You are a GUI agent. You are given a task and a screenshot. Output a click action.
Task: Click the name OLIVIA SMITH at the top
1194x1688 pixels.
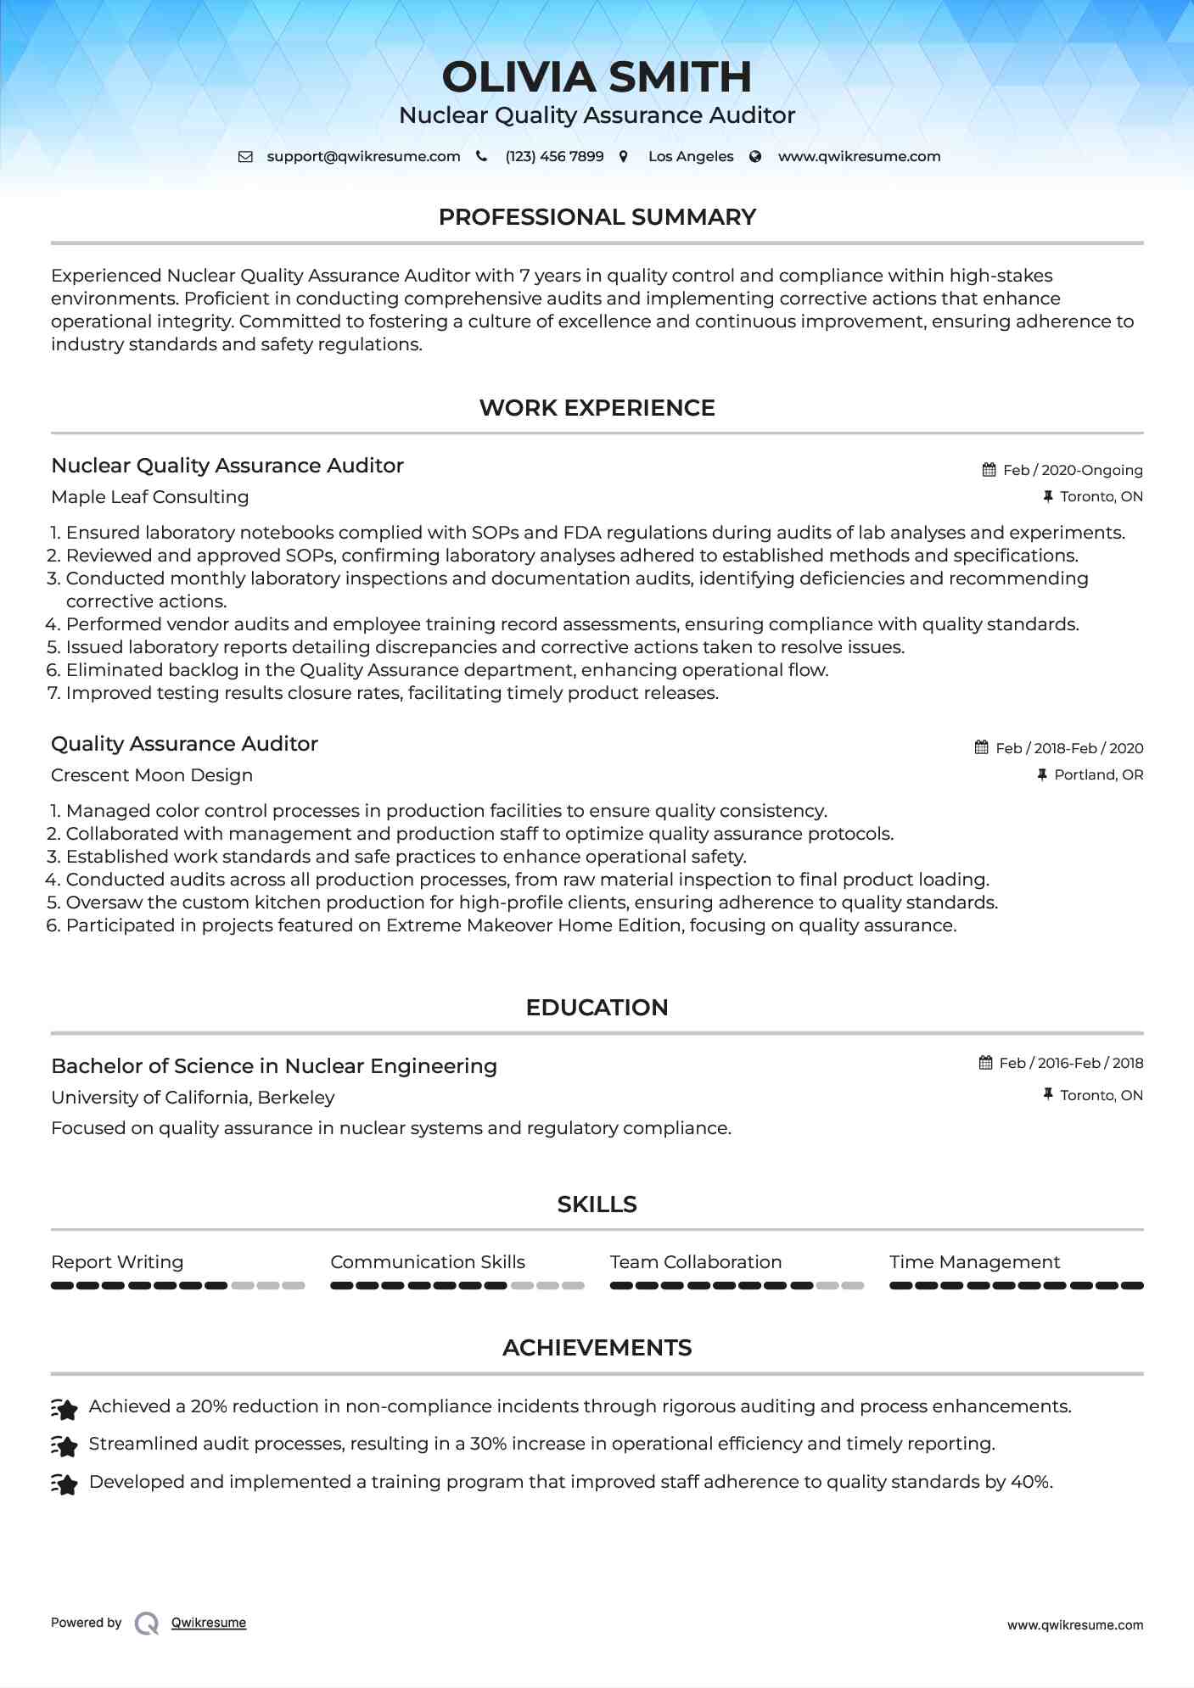click(x=597, y=77)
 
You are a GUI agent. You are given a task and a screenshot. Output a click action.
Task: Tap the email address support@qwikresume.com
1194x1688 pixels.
click(x=363, y=156)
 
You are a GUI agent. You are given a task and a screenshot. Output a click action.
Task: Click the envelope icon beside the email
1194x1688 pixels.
click(x=245, y=156)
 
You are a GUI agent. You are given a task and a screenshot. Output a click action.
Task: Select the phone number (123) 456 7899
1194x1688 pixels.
click(x=554, y=156)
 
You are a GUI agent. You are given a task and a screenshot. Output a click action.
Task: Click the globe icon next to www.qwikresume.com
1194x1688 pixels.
click(x=755, y=156)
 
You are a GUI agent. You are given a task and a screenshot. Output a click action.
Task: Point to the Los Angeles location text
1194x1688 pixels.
click(x=691, y=156)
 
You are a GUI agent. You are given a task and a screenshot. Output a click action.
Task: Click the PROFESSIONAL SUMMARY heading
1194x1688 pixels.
click(x=597, y=217)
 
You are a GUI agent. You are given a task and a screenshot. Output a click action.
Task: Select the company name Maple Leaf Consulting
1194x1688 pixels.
click(x=149, y=497)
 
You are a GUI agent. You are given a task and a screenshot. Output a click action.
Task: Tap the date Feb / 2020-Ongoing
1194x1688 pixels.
click(x=1073, y=470)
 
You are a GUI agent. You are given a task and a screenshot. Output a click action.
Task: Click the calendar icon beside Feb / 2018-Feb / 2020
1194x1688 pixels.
click(x=982, y=747)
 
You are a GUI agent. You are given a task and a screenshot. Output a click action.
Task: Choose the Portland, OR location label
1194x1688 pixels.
click(x=1098, y=774)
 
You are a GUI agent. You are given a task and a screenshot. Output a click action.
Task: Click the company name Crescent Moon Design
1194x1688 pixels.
click(x=152, y=775)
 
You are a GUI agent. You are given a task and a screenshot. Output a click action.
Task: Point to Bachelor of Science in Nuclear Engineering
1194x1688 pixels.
click(x=274, y=1066)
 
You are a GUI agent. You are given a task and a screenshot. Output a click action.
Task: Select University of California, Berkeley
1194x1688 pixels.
click(x=193, y=1098)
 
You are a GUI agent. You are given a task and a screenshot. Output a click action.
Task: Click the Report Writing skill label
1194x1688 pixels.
click(x=117, y=1262)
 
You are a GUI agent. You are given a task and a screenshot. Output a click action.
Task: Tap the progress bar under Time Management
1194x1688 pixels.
click(x=1016, y=1286)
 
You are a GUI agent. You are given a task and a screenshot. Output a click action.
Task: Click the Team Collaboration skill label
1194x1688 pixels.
click(x=696, y=1262)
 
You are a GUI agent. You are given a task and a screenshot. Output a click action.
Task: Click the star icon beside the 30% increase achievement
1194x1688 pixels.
click(x=64, y=1445)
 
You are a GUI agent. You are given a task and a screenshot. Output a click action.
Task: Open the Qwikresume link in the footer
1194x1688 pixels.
click(x=209, y=1623)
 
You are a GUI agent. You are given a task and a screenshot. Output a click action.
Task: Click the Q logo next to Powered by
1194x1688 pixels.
click(x=147, y=1623)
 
